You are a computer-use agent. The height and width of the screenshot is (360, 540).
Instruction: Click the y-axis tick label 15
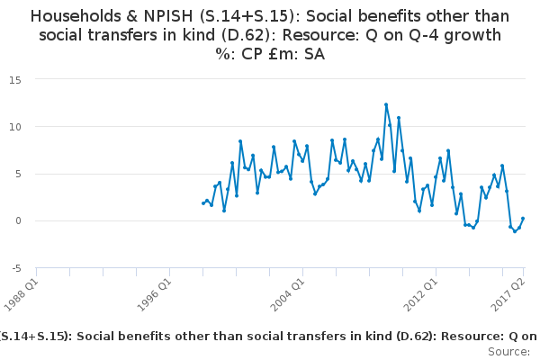pyautogui.click(x=15, y=79)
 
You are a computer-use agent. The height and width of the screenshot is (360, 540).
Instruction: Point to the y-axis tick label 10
pyautogui.click(x=15, y=126)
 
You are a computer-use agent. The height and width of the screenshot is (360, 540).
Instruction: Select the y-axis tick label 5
pyautogui.click(x=18, y=174)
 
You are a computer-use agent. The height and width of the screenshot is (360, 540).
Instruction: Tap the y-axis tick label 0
pyautogui.click(x=18, y=220)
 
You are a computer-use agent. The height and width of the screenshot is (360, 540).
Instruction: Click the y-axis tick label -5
pyautogui.click(x=15, y=268)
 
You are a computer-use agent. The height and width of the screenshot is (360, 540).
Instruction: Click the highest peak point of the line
pyautogui.click(x=386, y=104)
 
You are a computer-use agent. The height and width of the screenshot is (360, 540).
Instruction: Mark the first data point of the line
pyautogui.click(x=202, y=203)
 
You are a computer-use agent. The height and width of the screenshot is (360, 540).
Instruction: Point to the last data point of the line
pyautogui.click(x=523, y=219)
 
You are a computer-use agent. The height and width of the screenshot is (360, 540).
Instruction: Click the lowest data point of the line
pyautogui.click(x=515, y=231)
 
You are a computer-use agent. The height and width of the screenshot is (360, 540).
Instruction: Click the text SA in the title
pyautogui.click(x=313, y=54)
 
